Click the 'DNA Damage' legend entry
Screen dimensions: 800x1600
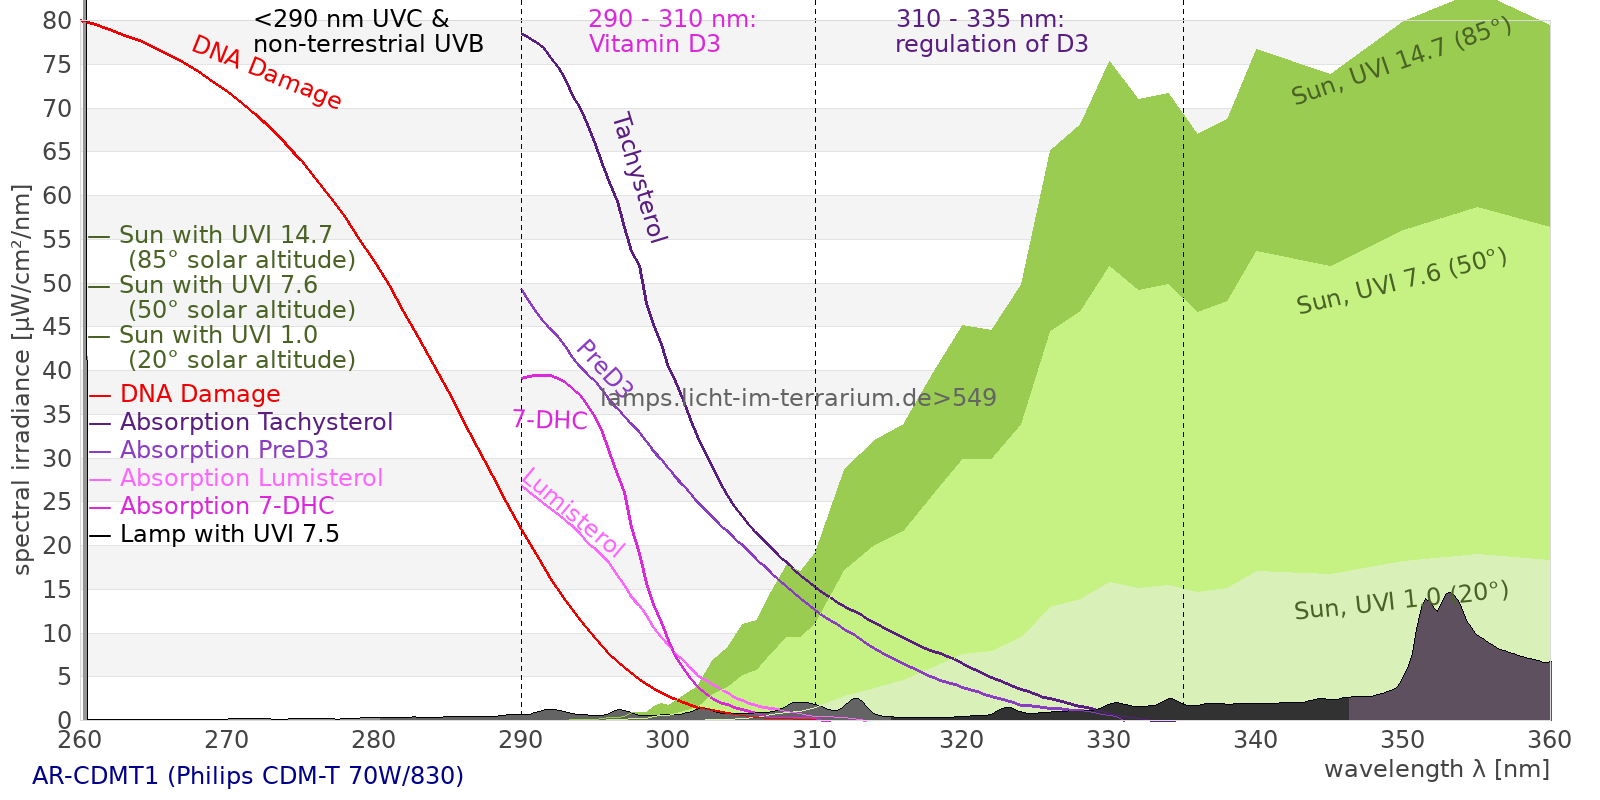click(200, 394)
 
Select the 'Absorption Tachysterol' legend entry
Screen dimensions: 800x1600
click(256, 422)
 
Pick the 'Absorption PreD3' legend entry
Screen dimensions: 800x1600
click(224, 450)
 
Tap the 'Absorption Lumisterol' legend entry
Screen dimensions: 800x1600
click(251, 478)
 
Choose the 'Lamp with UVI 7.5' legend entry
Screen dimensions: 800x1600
click(229, 534)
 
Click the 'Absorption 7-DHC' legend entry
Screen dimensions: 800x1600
click(227, 506)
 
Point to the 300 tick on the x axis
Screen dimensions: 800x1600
click(668, 740)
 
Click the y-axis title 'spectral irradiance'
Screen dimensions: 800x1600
click(22, 380)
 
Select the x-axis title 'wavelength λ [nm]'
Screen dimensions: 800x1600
click(1436, 769)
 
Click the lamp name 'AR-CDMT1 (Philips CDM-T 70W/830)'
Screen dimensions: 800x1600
click(248, 776)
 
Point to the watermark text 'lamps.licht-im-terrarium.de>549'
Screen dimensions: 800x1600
click(798, 398)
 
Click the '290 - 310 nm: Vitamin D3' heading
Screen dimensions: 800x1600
click(671, 32)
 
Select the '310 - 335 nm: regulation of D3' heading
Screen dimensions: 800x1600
click(991, 32)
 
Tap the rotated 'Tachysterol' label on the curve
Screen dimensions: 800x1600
click(639, 178)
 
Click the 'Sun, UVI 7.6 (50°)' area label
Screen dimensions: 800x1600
click(1401, 282)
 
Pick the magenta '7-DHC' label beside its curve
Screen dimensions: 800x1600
click(550, 420)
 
